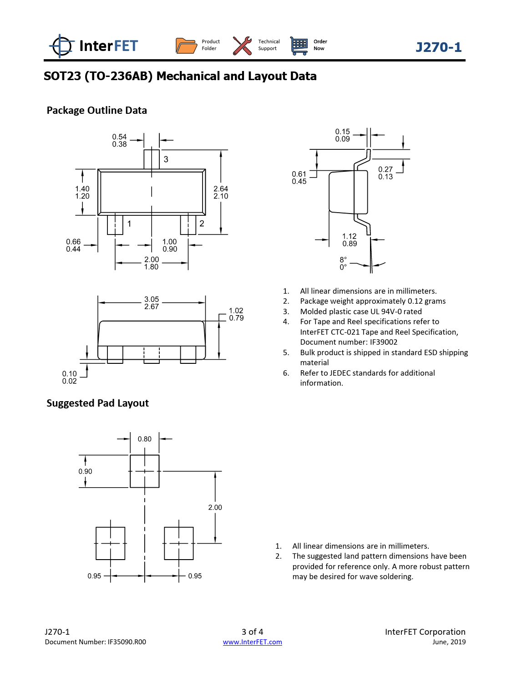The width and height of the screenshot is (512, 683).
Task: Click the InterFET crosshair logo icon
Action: (61, 46)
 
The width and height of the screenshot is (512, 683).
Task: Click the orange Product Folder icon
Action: (186, 46)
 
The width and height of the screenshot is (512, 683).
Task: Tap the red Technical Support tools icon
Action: (243, 46)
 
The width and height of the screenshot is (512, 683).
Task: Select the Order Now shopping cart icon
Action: (299, 46)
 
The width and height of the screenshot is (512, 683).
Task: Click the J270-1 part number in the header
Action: (438, 47)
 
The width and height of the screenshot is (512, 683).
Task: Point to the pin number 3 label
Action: (166, 159)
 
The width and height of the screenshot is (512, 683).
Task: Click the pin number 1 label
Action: (129, 224)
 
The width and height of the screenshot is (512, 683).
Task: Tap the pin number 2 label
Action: (202, 224)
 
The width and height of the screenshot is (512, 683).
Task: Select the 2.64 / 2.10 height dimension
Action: (221, 192)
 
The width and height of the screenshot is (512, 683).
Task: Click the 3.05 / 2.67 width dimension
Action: (152, 303)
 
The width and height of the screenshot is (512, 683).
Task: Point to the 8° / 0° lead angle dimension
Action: (343, 263)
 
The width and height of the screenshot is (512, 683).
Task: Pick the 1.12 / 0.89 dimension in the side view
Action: (350, 240)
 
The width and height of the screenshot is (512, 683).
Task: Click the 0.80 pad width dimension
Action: (145, 439)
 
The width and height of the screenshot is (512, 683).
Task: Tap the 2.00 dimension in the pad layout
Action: (215, 507)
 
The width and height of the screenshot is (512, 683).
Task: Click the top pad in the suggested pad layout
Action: (145, 471)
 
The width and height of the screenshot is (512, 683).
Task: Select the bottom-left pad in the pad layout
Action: (110, 543)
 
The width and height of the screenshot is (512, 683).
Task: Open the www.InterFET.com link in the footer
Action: (253, 642)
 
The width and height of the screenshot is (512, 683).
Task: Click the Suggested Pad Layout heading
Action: (97, 403)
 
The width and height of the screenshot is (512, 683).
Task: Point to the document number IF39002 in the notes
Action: (384, 342)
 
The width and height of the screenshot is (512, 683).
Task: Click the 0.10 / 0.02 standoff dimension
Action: (69, 377)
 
